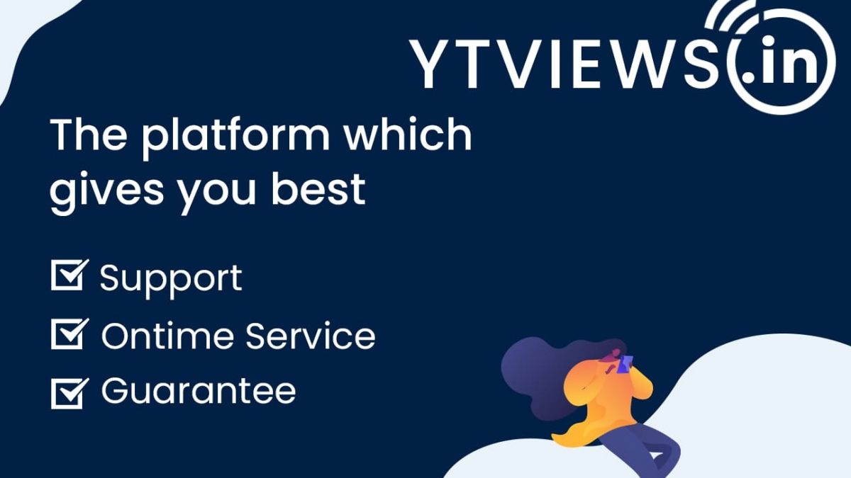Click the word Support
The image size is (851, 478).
click(x=171, y=280)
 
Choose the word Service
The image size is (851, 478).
click(x=311, y=336)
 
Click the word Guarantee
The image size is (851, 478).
click(x=199, y=391)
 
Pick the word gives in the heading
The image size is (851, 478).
click(x=106, y=193)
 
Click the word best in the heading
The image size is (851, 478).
click(x=318, y=188)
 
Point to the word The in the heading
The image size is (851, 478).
click(x=88, y=135)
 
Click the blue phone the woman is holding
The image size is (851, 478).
click(x=625, y=364)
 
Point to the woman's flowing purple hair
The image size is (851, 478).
click(x=540, y=375)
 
